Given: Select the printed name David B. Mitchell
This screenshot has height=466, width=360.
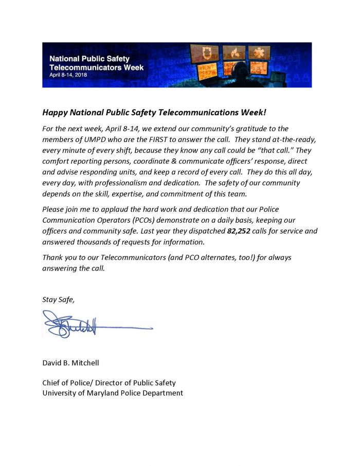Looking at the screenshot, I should coord(70,363).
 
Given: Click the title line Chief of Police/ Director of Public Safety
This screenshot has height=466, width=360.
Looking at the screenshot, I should coord(109,383).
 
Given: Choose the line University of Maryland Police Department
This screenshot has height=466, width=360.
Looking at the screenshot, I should coord(112,393).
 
